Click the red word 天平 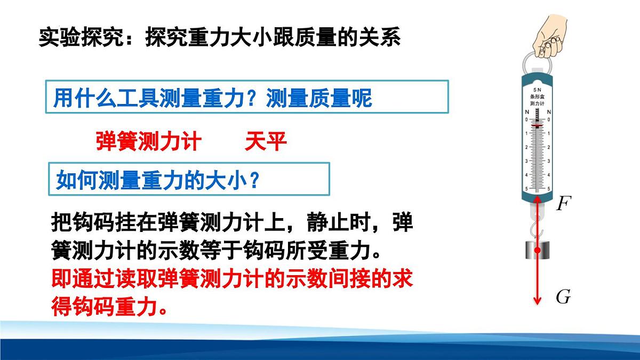point(266,142)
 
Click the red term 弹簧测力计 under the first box point(148,142)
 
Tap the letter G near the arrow point(563,297)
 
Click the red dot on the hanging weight point(538,250)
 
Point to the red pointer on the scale point(538,126)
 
